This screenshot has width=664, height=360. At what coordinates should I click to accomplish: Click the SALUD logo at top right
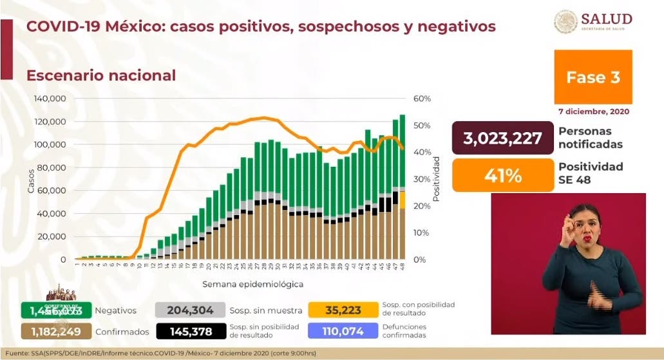593,22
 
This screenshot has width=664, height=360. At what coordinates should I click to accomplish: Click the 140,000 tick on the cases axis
51,99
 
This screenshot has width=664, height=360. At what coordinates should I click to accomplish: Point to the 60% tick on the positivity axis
422,99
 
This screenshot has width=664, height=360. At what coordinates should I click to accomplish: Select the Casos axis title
30,180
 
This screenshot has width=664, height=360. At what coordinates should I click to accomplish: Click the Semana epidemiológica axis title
252,283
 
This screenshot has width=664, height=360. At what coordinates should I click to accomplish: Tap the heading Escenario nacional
101,75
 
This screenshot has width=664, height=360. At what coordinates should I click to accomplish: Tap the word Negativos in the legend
115,310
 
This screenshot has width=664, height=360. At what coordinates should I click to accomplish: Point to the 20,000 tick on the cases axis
53,236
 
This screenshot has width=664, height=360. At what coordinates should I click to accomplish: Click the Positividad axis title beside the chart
436,178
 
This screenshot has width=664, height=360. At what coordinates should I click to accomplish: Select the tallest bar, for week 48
402,187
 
